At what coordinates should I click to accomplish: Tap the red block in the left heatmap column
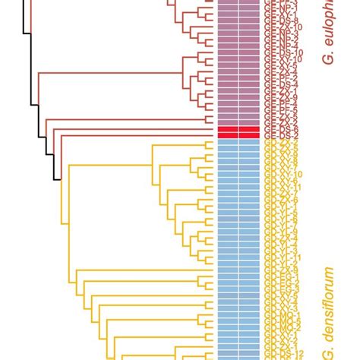pos(229,133)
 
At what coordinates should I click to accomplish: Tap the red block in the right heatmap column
pos(250,133)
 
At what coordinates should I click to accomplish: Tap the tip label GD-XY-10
pos(283,174)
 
